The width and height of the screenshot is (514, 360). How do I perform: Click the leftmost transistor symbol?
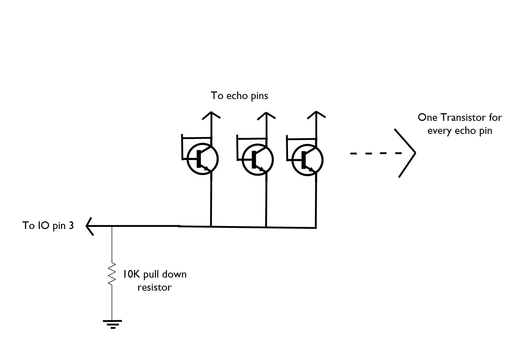202,159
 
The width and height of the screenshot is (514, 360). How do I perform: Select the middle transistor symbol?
258,160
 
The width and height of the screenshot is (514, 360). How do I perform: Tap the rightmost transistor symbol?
308,160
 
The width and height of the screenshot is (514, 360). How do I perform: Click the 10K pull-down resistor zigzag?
112,274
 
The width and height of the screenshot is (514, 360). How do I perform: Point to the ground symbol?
112,324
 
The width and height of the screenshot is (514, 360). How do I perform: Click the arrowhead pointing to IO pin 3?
90,226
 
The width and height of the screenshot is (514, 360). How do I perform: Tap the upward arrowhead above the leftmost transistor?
211,115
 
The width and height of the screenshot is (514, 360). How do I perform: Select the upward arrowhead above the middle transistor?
266,116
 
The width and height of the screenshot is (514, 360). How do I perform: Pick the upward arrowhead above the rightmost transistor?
316,115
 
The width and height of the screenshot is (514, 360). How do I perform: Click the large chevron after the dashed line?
405,153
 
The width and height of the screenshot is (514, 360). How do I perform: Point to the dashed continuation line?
376,153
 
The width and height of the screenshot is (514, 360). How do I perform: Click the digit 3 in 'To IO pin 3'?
71,225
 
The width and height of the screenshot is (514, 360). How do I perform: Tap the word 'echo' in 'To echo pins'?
237,95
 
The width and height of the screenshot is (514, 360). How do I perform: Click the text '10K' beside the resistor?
131,274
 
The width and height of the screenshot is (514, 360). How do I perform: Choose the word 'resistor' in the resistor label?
155,287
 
